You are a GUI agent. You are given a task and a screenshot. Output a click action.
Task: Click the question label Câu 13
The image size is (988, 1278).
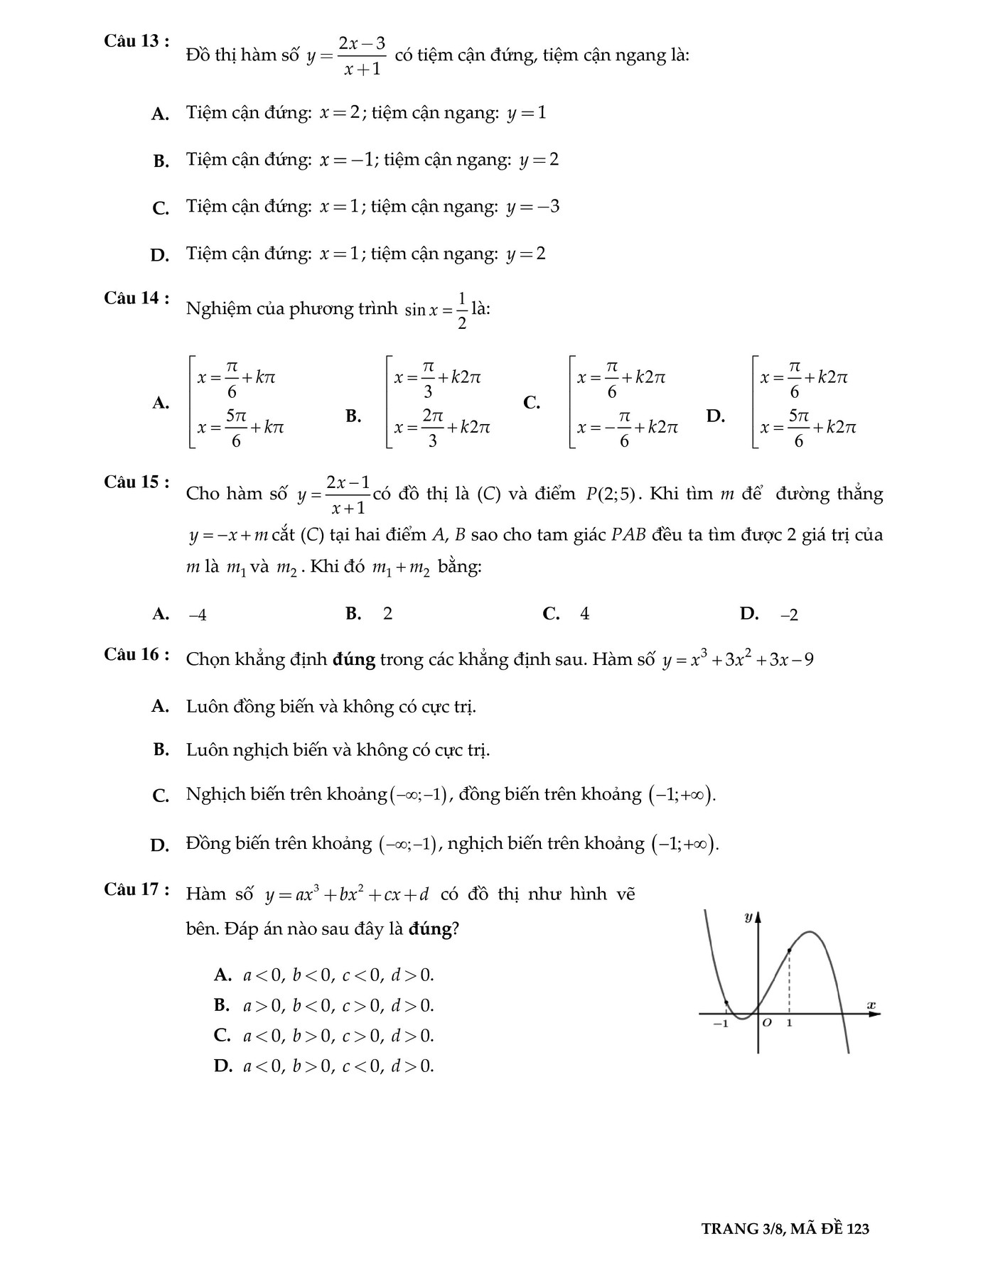pyautogui.click(x=136, y=41)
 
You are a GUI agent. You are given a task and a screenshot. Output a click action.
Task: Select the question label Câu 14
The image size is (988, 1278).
pyautogui.click(x=136, y=298)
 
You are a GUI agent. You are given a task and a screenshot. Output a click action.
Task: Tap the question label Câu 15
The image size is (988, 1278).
pyautogui.click(x=136, y=482)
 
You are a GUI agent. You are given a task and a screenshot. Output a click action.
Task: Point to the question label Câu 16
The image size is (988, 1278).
pyautogui.click(x=136, y=654)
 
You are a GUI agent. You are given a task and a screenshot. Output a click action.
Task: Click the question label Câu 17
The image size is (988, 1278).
pyautogui.click(x=136, y=889)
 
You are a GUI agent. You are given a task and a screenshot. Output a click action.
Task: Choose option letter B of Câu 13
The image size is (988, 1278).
pyautogui.click(x=161, y=161)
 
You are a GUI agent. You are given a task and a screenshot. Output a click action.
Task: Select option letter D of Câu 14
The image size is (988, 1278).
pyautogui.click(x=715, y=416)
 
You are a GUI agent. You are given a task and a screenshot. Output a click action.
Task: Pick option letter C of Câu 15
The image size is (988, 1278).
pyautogui.click(x=551, y=614)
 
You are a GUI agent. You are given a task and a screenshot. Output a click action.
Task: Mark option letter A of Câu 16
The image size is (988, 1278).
pyautogui.click(x=161, y=706)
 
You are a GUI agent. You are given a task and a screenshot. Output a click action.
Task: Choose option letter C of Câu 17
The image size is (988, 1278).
pyautogui.click(x=222, y=1036)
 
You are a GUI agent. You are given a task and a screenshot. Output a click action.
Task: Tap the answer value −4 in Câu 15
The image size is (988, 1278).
pyautogui.click(x=198, y=615)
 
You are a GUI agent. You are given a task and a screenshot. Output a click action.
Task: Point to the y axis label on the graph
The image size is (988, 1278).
pyautogui.click(x=748, y=917)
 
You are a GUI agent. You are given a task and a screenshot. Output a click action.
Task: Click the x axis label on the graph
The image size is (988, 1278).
pyautogui.click(x=871, y=1004)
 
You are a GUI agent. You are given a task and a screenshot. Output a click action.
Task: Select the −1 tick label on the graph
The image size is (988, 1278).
pyautogui.click(x=721, y=1024)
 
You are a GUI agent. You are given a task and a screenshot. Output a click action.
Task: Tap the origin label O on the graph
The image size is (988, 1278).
pyautogui.click(x=766, y=1024)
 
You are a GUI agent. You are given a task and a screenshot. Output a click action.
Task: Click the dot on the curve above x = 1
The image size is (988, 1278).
pyautogui.click(x=790, y=951)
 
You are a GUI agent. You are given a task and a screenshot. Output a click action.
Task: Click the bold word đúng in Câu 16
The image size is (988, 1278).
pyautogui.click(x=353, y=660)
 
